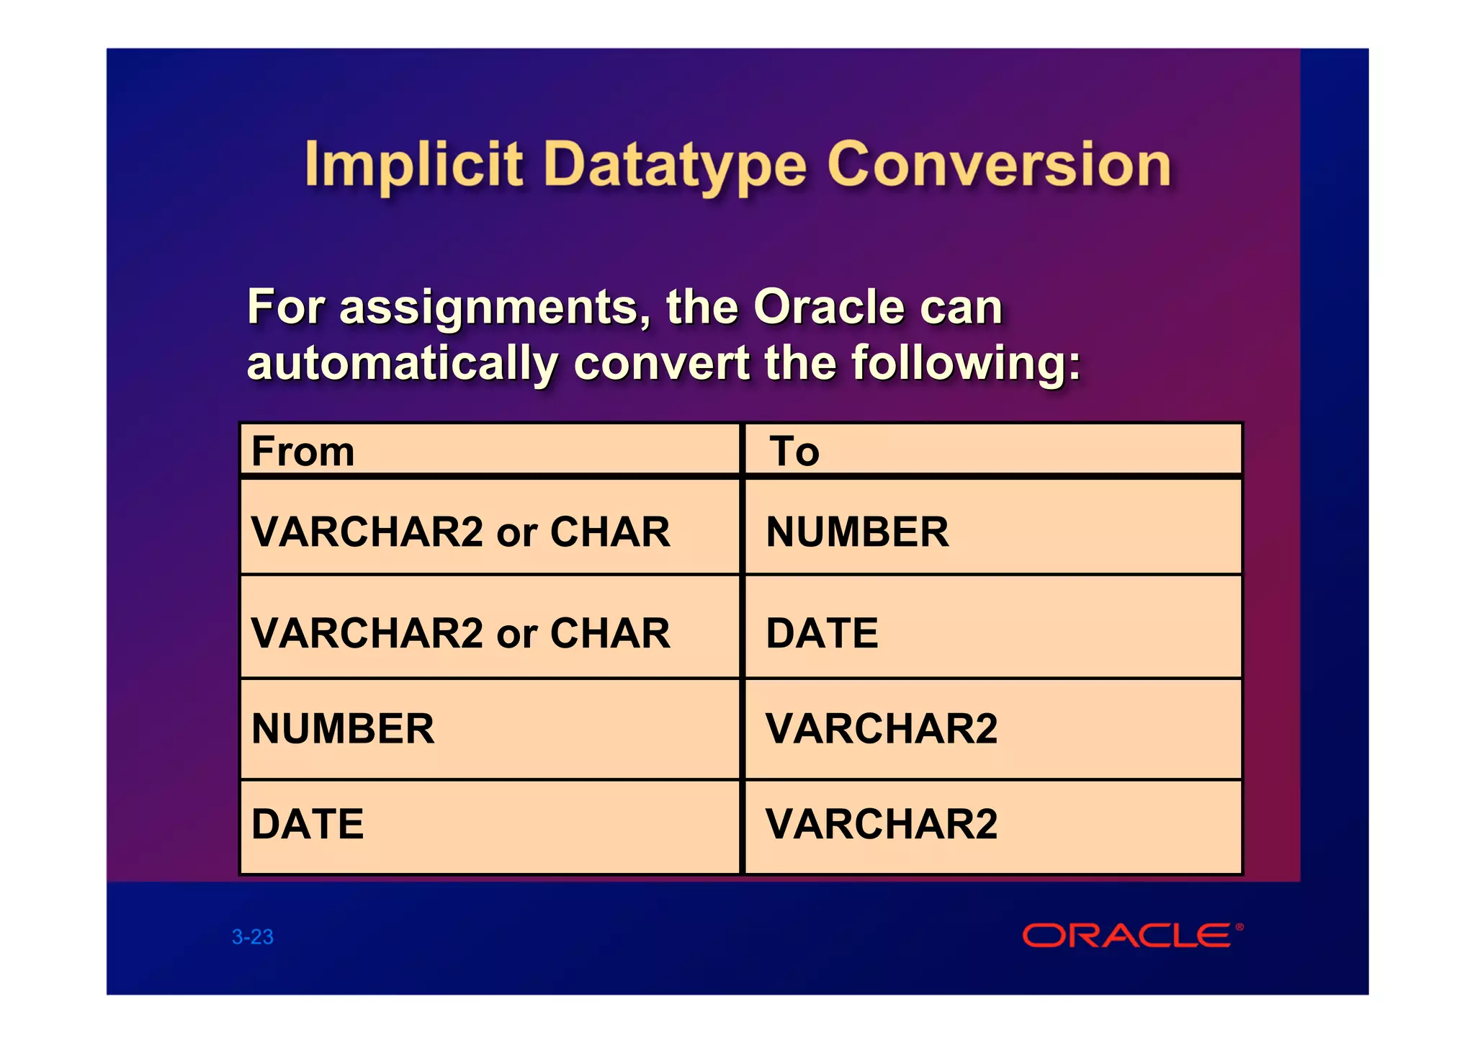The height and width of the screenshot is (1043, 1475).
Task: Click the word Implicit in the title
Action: [x=413, y=165]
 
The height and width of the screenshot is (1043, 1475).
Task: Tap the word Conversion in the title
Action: [x=999, y=165]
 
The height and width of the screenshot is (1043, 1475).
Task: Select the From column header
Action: [x=303, y=452]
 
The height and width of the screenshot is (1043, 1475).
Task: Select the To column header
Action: [x=794, y=452]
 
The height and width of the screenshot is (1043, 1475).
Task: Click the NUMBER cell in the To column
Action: [x=857, y=532]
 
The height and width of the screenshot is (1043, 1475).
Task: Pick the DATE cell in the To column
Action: [x=822, y=633]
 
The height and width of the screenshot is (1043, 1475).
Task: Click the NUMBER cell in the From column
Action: [x=343, y=728]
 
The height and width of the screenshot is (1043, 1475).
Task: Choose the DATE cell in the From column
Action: [x=308, y=824]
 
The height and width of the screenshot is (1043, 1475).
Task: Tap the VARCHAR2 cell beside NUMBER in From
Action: [x=882, y=728]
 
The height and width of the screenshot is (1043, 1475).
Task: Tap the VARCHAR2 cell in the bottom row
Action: [x=882, y=824]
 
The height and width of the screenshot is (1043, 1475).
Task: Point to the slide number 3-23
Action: [x=253, y=937]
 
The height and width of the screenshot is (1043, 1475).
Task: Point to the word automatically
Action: [x=402, y=364]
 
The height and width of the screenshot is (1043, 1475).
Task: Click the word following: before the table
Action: [x=966, y=364]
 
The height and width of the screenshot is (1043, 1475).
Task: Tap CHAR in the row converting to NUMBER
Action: [x=610, y=532]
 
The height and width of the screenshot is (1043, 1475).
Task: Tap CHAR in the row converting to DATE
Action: [x=610, y=633]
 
